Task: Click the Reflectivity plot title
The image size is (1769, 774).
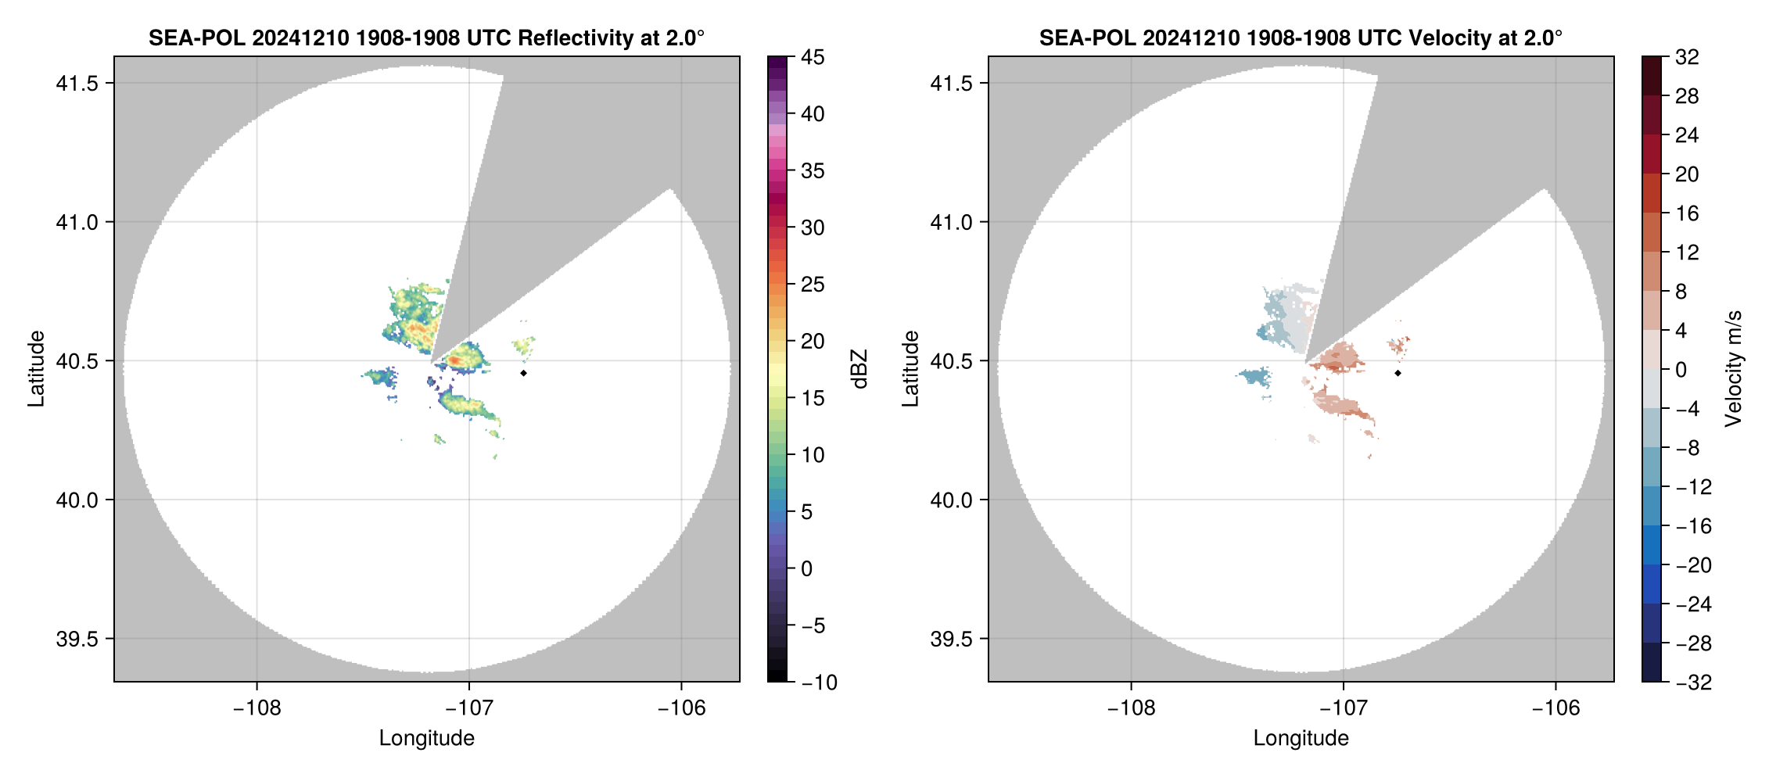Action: (x=426, y=38)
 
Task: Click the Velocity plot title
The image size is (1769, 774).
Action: (x=1301, y=38)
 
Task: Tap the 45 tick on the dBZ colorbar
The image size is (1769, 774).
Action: (x=813, y=57)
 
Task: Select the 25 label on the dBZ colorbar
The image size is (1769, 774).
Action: (x=813, y=285)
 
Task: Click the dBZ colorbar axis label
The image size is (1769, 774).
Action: (x=859, y=369)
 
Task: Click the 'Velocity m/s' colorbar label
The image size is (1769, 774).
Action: (x=1733, y=369)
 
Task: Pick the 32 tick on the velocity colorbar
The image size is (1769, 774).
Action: (x=1687, y=57)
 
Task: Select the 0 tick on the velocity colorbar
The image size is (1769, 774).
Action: (x=1681, y=370)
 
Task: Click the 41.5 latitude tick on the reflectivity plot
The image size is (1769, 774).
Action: (x=77, y=84)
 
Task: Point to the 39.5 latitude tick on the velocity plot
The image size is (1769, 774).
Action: (x=951, y=639)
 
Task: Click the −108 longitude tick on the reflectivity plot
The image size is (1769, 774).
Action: (x=257, y=708)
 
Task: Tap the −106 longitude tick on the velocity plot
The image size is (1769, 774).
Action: (x=1555, y=708)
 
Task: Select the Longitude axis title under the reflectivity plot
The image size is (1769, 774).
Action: (x=426, y=738)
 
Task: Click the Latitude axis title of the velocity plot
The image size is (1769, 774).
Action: (x=910, y=369)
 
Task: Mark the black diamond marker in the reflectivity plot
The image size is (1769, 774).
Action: (x=523, y=373)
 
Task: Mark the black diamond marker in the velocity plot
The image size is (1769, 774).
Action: (x=1398, y=373)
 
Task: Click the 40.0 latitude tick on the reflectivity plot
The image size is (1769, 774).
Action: (x=77, y=500)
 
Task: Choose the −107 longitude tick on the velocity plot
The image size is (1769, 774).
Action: (x=1343, y=708)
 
